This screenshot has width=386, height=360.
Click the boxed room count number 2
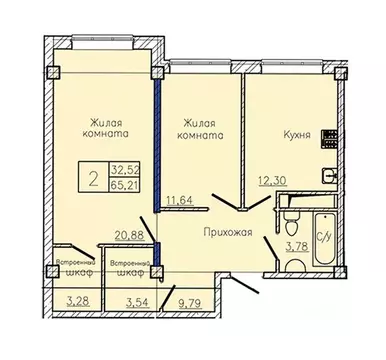92,178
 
